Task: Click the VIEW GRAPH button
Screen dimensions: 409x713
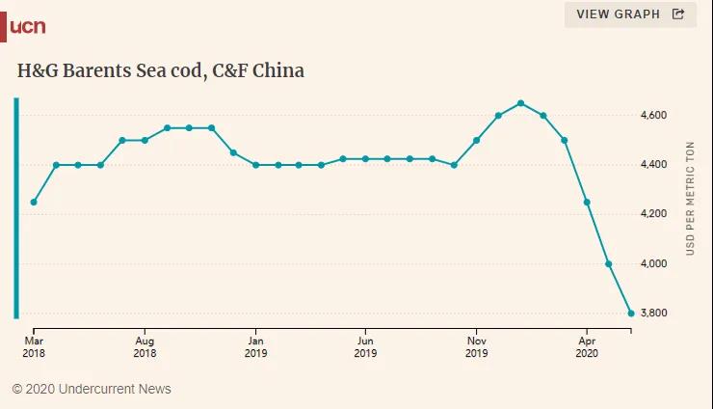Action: (x=630, y=14)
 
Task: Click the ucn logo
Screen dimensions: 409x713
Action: (x=27, y=26)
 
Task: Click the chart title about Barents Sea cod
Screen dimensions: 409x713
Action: (x=161, y=71)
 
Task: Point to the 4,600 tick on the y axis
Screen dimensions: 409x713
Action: (x=653, y=116)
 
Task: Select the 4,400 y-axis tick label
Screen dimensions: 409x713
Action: (x=653, y=165)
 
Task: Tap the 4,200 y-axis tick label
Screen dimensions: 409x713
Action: (x=653, y=214)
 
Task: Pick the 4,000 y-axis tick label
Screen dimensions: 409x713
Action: (x=653, y=264)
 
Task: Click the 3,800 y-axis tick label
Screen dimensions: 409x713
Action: (x=653, y=314)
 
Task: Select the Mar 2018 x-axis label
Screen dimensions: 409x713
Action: (x=34, y=346)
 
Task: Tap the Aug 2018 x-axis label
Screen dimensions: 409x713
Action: (x=145, y=346)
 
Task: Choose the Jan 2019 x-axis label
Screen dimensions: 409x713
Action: (x=255, y=346)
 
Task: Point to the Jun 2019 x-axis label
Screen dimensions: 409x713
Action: (x=365, y=346)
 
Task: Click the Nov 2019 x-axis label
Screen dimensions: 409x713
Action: (x=476, y=346)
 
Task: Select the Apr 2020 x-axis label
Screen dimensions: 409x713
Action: (x=587, y=346)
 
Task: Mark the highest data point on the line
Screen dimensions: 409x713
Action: (x=520, y=103)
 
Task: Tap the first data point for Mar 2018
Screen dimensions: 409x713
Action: (x=34, y=203)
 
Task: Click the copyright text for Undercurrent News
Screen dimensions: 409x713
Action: (x=92, y=389)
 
